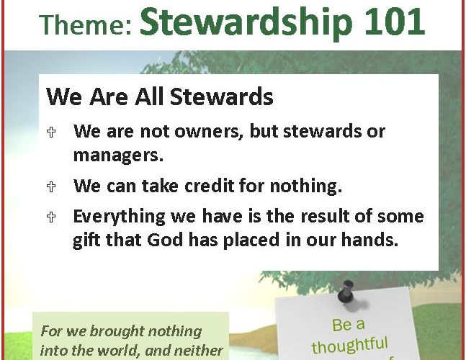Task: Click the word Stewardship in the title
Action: click(246, 23)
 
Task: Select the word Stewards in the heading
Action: click(222, 96)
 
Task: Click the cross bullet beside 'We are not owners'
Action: click(51, 132)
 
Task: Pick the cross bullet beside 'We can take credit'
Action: click(51, 186)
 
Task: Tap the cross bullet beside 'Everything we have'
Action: click(51, 217)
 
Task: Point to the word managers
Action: click(118, 156)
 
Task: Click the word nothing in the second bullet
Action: click(305, 186)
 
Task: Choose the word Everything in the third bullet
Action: click(119, 217)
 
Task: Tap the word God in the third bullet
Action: click(165, 240)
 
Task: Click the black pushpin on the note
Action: click(346, 292)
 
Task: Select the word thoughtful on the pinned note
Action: click(349, 345)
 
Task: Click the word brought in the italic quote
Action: click(117, 331)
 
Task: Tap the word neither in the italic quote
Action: click(198, 351)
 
